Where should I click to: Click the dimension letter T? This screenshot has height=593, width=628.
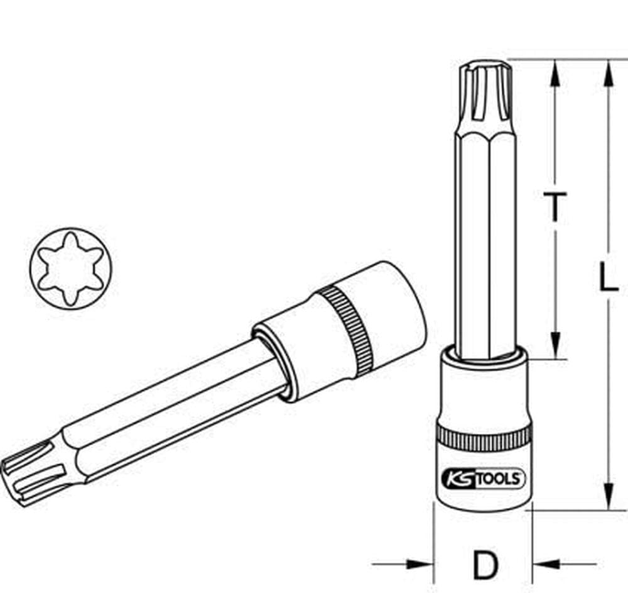555,208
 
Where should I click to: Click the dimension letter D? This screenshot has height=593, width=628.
484,565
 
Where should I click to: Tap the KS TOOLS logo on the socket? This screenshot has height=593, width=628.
483,479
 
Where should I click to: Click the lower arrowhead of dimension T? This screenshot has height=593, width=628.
555,346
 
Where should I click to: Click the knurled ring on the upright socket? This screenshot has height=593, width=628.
482,436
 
